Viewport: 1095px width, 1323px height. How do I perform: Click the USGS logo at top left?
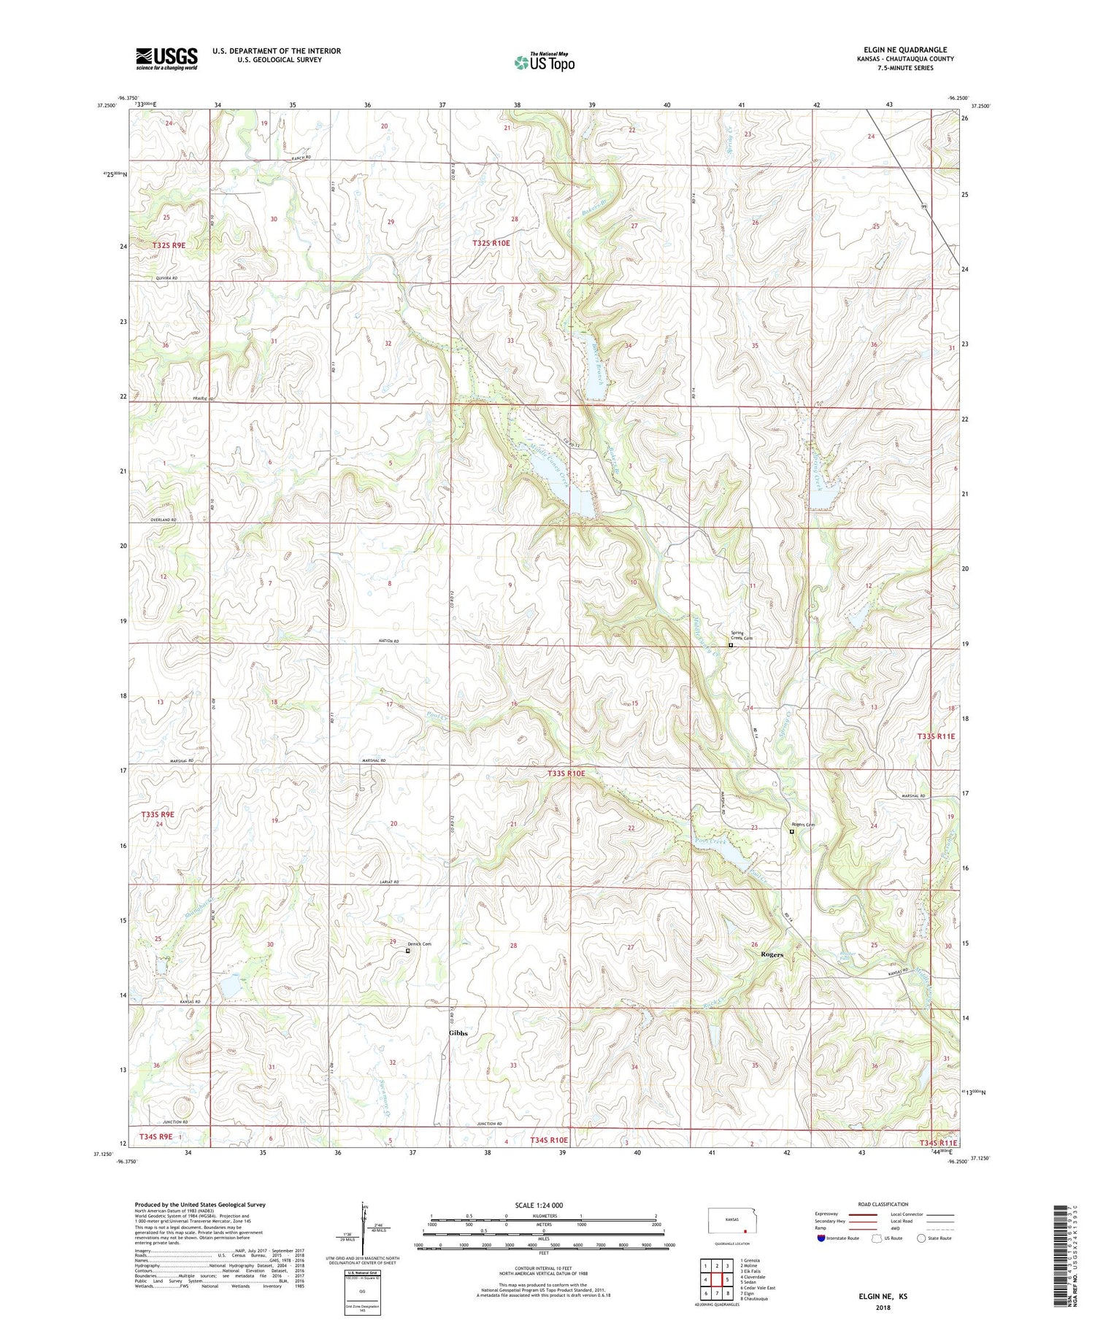(x=166, y=58)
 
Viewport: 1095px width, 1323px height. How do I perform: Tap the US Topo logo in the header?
(x=545, y=63)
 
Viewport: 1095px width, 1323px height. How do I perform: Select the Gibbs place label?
(x=458, y=1033)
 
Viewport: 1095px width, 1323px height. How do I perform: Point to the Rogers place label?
(x=772, y=954)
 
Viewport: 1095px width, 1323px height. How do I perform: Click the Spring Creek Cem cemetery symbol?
(x=731, y=645)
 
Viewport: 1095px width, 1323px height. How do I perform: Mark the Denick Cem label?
(x=419, y=944)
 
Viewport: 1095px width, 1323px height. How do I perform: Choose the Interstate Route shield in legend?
(x=822, y=1238)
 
